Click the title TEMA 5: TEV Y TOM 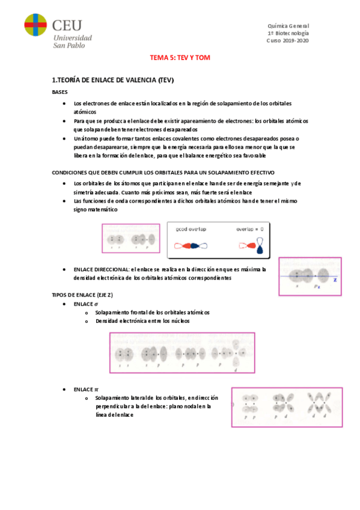coord(179,58)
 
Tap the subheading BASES coord(60,92)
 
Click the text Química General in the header coord(288,26)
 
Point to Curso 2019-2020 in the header coord(287,41)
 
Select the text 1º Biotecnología coord(288,34)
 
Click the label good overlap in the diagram coord(191,230)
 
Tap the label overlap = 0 coord(249,230)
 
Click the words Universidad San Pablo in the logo coord(73,41)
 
